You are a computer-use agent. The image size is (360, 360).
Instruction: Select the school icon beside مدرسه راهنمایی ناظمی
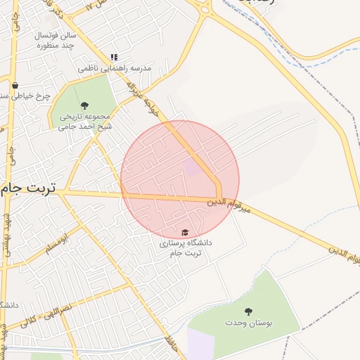click(x=113, y=57)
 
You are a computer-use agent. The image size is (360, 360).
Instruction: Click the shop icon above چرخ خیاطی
click(x=14, y=85)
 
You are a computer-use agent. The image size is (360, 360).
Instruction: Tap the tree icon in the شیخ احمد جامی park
click(x=85, y=105)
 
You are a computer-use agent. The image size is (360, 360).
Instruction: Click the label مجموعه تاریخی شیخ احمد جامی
click(x=85, y=122)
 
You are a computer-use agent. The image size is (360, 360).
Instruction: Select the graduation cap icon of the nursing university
click(x=185, y=232)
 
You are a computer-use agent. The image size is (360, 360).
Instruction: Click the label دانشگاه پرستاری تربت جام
click(x=186, y=247)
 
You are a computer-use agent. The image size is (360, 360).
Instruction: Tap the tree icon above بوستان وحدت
click(x=247, y=311)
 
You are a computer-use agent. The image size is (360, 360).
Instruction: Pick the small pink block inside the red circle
click(x=192, y=167)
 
